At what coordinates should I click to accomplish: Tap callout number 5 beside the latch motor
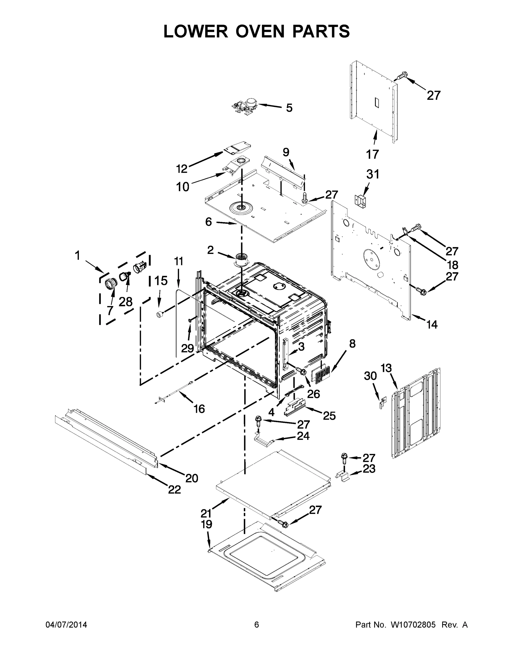click(x=289, y=108)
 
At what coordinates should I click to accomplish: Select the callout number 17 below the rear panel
click(x=372, y=154)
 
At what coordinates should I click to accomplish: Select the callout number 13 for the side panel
click(x=386, y=368)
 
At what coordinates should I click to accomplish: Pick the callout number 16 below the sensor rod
click(x=199, y=409)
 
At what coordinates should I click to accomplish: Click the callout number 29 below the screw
click(x=188, y=348)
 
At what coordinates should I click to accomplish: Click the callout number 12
click(x=182, y=169)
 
